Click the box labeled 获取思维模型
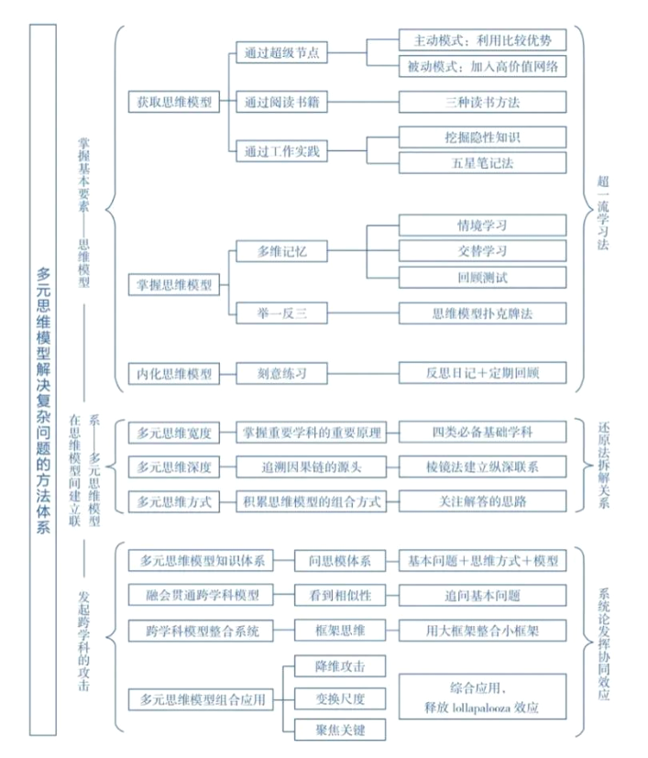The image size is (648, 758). [174, 102]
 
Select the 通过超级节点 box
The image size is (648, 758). [281, 52]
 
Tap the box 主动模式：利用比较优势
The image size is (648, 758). [482, 40]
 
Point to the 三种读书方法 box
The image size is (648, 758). [482, 102]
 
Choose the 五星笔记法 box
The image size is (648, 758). [482, 163]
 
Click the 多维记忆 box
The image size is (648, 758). [281, 251]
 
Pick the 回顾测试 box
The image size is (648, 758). [482, 278]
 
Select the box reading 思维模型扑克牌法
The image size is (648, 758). [482, 313]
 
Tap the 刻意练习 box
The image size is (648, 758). [281, 373]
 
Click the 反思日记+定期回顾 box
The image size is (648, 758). [482, 373]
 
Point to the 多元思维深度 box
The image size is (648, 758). [174, 467]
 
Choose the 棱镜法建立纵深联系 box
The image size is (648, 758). [482, 467]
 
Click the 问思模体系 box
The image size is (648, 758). [340, 561]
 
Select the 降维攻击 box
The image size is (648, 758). [340, 666]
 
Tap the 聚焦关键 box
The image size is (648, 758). [340, 730]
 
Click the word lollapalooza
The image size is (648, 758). [481, 709]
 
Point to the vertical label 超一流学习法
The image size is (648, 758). [602, 213]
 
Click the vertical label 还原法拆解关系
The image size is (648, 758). [603, 466]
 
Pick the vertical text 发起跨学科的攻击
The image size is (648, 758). [83, 641]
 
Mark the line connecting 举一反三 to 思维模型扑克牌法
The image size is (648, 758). [363, 313]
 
